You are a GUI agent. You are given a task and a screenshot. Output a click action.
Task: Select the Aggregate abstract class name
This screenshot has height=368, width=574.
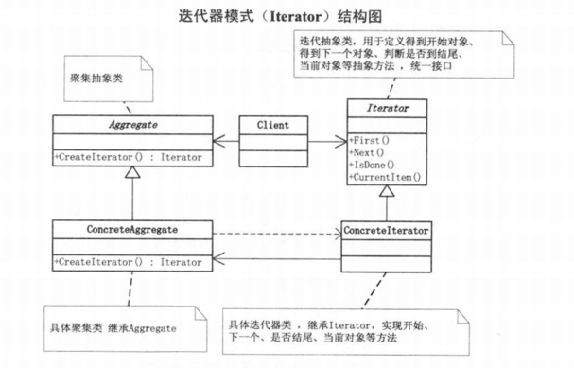point(131,125)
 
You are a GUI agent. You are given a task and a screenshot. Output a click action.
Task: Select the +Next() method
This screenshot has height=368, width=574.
point(370,152)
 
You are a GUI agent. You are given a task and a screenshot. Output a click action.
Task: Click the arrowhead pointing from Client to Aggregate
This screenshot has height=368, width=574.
point(217,141)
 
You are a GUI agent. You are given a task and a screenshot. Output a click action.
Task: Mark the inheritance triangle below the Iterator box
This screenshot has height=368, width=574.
point(385,193)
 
